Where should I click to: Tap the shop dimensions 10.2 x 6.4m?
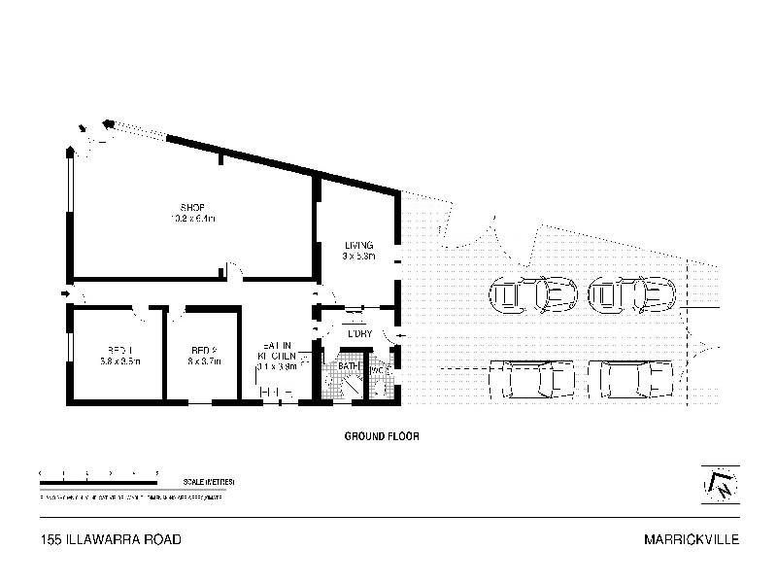pyautogui.click(x=191, y=219)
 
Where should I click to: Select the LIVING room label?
pyautogui.click(x=358, y=245)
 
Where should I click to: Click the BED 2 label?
pyautogui.click(x=202, y=350)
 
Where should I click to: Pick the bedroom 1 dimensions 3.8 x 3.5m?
pyautogui.click(x=119, y=361)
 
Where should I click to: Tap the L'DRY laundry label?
pyautogui.click(x=359, y=334)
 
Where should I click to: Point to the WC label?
pyautogui.click(x=380, y=371)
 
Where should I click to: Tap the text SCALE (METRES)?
pyautogui.click(x=210, y=483)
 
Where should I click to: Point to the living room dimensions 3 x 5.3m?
pyautogui.click(x=358, y=257)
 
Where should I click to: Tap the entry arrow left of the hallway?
pyautogui.click(x=65, y=292)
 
